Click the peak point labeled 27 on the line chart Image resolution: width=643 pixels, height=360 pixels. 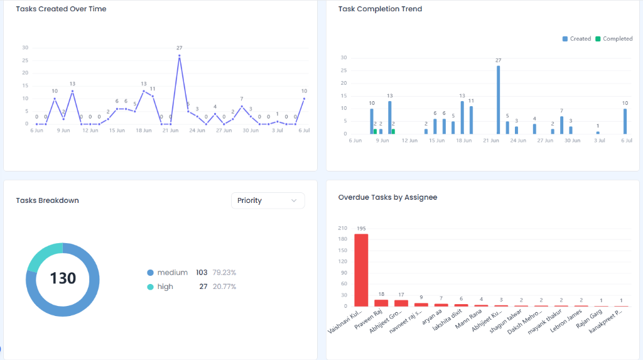tap(179, 55)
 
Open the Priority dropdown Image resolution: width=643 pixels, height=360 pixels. tap(267, 200)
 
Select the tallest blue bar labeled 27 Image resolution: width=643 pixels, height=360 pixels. tap(498, 100)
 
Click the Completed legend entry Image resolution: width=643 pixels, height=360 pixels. tap(614, 38)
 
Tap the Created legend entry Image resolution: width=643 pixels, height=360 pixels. tap(576, 38)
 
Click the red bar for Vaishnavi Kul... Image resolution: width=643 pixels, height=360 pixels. tap(361, 270)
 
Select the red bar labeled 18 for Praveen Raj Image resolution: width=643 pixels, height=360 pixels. tap(381, 303)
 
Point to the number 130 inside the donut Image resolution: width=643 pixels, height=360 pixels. tap(63, 278)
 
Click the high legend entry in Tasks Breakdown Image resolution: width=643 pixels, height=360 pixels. tap(160, 286)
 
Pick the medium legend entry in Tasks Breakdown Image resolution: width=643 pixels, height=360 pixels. tap(167, 273)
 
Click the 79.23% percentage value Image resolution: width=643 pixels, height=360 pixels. tap(224, 273)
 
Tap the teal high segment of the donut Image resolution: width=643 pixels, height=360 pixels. tap(43, 256)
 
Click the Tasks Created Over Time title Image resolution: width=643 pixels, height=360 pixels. tap(61, 9)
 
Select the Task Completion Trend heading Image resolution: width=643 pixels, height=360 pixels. tap(380, 9)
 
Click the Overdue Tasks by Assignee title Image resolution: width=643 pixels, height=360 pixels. tap(387, 197)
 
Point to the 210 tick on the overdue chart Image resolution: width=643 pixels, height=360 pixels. tap(342, 228)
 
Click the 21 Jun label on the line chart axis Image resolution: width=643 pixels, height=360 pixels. tap(170, 131)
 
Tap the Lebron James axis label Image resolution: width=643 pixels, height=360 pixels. tap(566, 320)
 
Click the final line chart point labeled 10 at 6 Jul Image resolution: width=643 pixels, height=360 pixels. tap(305, 99)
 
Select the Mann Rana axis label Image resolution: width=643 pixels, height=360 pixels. tap(468, 319)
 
